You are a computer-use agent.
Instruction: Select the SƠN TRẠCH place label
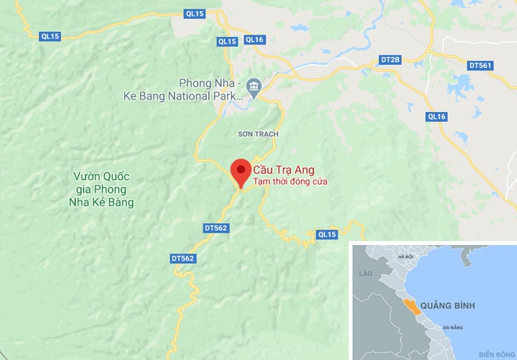(258, 135)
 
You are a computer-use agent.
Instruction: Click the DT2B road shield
(389, 59)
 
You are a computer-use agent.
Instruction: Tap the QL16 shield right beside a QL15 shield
(255, 39)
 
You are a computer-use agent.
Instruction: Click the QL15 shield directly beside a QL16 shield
(227, 41)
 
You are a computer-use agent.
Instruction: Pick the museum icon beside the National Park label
(253, 85)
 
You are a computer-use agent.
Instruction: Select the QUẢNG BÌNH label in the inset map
(447, 304)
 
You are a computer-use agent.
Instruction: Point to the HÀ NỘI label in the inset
(405, 257)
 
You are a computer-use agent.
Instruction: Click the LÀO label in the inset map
(362, 274)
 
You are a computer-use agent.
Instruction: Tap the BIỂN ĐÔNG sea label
(493, 352)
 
